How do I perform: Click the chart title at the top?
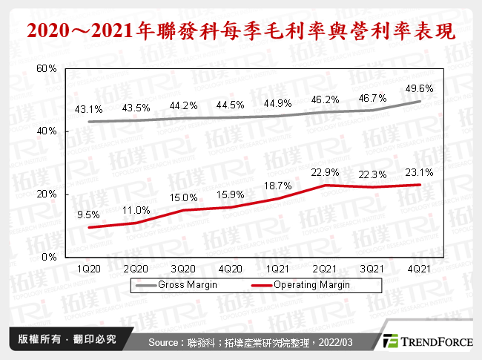point(240,32)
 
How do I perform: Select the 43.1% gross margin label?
point(89,109)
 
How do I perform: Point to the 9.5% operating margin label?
point(89,214)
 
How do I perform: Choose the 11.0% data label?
point(136,210)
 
